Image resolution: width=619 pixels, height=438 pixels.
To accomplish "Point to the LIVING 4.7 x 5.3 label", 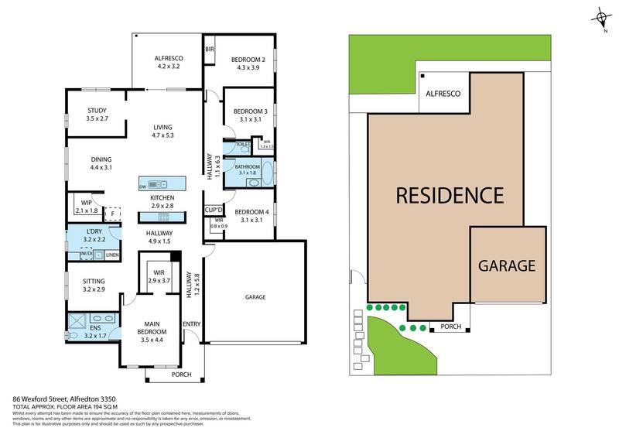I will coord(162,132).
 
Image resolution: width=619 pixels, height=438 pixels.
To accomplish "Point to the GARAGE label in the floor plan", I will coord(255,296).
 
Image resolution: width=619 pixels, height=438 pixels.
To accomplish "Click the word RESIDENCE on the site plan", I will coord(450,195).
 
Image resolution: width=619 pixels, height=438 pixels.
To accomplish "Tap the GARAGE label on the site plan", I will coord(506,265).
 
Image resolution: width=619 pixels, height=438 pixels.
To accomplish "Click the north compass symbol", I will coord(601,18).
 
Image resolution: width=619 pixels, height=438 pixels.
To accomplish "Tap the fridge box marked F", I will coord(113,215).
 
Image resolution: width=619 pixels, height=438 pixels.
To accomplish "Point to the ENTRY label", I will coord(191,324).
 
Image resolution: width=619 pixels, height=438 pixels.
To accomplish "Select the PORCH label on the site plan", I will coord(450,327).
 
